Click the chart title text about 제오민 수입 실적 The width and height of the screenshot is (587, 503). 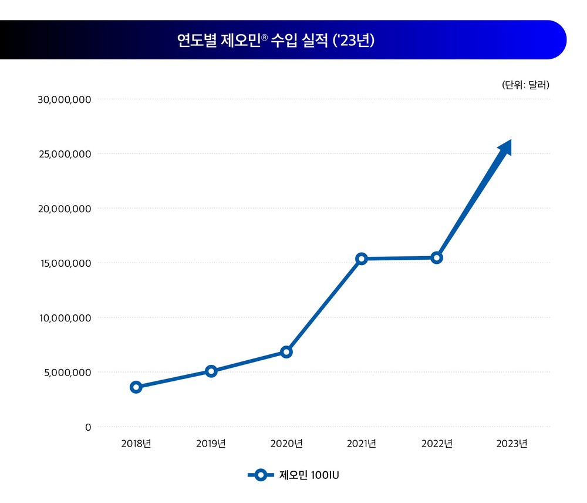276,40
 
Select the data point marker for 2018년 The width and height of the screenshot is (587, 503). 136,387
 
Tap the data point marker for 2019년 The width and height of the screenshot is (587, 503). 211,371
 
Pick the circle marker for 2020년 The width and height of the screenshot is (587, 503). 286,352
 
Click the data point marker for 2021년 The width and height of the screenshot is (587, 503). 362,259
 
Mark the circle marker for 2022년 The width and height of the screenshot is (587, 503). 437,257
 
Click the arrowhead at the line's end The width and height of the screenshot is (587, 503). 505,147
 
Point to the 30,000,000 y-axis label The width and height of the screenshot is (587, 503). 65,99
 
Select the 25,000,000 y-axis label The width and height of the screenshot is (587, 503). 65,154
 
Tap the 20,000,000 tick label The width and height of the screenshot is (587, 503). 65,209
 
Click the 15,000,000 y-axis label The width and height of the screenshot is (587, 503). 65,263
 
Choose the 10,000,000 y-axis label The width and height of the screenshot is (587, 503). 65,318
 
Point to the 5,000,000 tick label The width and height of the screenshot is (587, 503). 68,373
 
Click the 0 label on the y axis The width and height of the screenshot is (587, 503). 88,427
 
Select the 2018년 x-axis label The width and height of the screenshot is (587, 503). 136,444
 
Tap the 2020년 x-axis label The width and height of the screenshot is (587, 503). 286,444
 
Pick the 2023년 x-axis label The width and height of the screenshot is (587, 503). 512,444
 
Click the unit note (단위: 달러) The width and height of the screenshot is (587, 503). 525,85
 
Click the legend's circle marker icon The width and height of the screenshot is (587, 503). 261,475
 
